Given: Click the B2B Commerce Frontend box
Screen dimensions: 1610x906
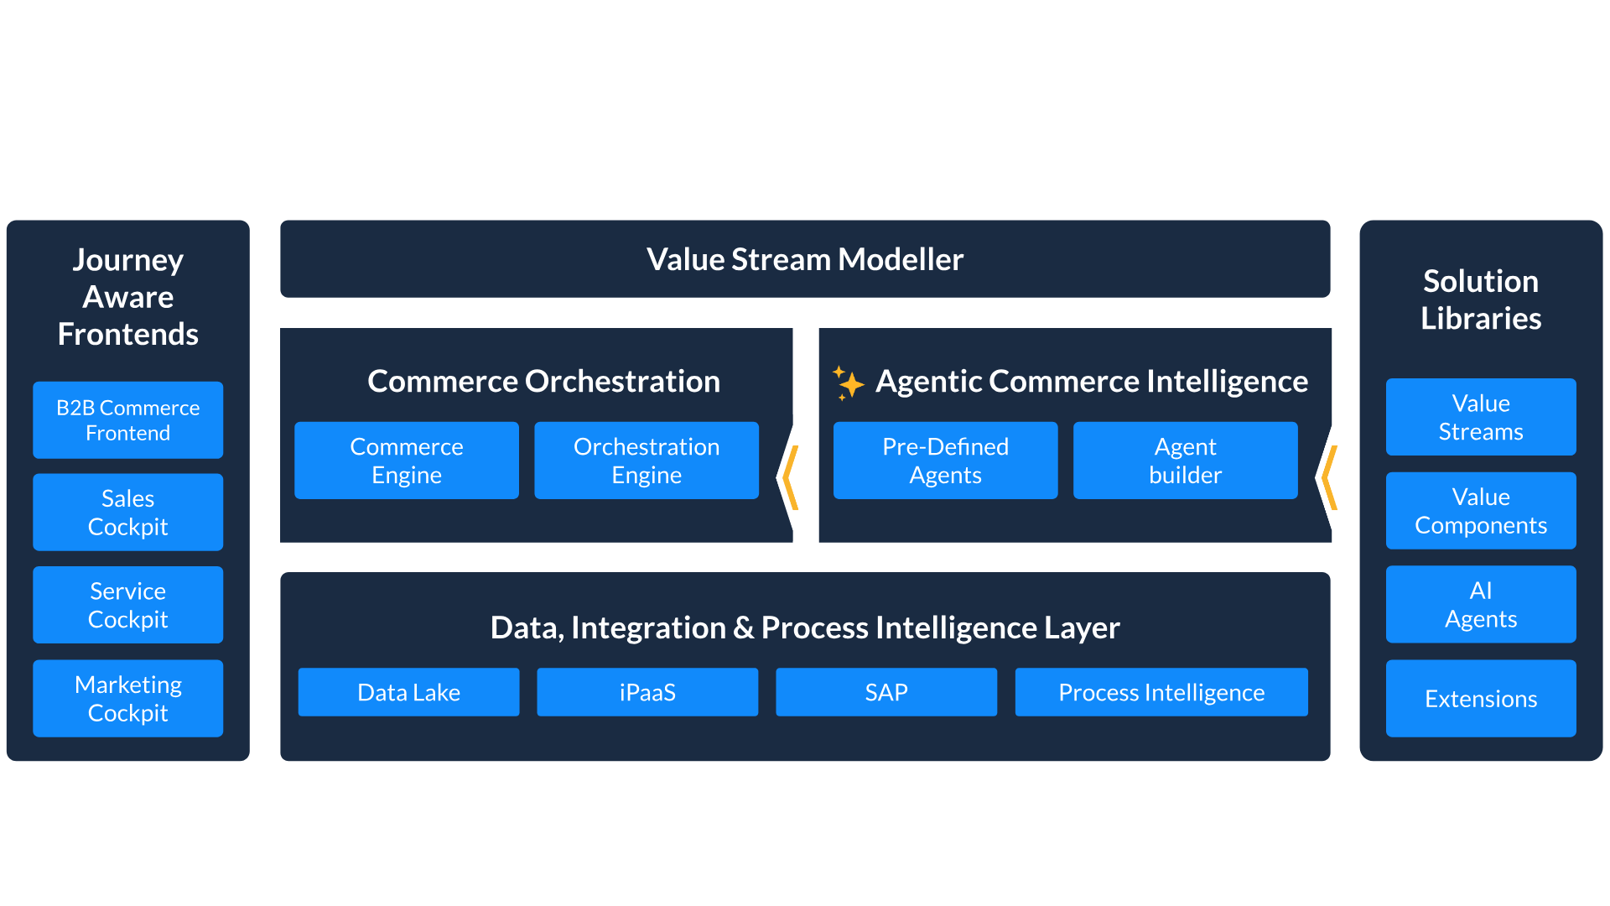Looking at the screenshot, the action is pyautogui.click(x=128, y=420).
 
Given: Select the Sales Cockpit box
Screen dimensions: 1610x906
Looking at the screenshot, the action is pyautogui.click(x=128, y=513).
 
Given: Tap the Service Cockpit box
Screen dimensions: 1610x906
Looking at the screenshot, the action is pyautogui.click(x=128, y=605).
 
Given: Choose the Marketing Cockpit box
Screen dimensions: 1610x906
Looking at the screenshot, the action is pyautogui.click(x=128, y=699).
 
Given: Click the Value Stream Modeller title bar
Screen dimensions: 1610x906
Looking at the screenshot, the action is pyautogui.click(x=805, y=259).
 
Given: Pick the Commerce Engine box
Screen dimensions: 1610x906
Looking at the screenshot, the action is pyautogui.click(x=407, y=461).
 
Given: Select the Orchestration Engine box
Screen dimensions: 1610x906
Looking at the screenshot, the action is pyautogui.click(x=647, y=461).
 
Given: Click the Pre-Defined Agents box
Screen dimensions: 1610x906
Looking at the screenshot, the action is pyautogui.click(x=946, y=461).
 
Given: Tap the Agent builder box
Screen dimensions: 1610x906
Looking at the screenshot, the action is pyautogui.click(x=1186, y=461).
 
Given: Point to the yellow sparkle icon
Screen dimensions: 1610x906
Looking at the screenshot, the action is pyautogui.click(x=848, y=383).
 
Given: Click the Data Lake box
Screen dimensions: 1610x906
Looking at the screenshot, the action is pyautogui.click(x=409, y=692).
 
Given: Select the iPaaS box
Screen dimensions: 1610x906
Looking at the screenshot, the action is pyautogui.click(x=647, y=692).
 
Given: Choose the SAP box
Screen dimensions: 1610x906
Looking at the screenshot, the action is pyautogui.click(x=886, y=692).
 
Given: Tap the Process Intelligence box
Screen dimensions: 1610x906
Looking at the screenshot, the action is pyautogui.click(x=1161, y=692).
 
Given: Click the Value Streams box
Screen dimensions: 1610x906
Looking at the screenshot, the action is pyautogui.click(x=1481, y=417).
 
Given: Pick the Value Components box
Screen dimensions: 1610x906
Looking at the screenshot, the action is pyautogui.click(x=1481, y=511).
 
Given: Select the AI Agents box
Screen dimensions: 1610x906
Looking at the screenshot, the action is pyautogui.click(x=1481, y=605).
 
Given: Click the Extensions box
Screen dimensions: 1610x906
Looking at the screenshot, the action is pyautogui.click(x=1481, y=699).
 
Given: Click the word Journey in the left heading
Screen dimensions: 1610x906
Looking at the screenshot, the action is pyautogui.click(x=128, y=261).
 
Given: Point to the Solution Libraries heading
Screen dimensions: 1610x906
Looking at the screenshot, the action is pyautogui.click(x=1481, y=299).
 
